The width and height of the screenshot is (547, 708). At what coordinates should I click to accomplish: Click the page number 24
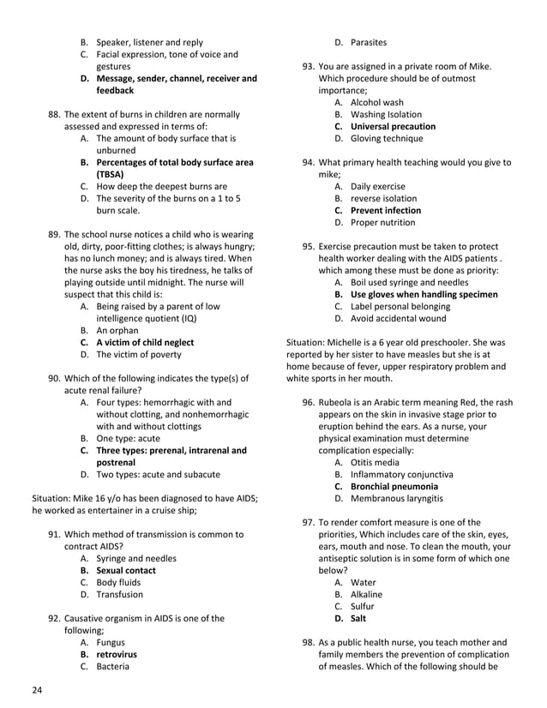[x=37, y=690]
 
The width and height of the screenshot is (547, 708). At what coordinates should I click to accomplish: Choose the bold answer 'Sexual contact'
[x=125, y=570]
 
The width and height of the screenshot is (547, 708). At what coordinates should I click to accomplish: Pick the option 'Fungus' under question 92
[x=111, y=642]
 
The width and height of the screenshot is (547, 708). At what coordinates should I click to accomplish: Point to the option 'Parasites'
[x=368, y=42]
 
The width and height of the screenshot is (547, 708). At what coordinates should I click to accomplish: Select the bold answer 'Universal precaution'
[x=393, y=126]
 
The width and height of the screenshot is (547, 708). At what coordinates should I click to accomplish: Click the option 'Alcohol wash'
[x=376, y=102]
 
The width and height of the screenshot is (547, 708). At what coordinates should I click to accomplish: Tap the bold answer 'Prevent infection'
[x=385, y=210]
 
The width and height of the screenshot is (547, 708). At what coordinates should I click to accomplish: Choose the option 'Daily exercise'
[x=378, y=186]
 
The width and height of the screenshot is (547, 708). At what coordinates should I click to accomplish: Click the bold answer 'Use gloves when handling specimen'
[x=424, y=294]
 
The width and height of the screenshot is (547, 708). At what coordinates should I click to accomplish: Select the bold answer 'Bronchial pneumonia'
[x=394, y=486]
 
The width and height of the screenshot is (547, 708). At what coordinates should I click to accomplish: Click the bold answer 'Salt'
[x=358, y=618]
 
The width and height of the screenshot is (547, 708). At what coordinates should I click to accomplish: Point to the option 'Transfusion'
[x=120, y=594]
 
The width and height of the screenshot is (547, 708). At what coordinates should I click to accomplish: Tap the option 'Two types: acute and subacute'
[x=158, y=474]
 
